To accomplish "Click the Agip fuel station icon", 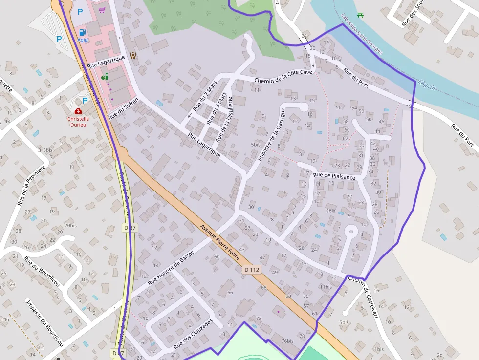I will tap(81, 33).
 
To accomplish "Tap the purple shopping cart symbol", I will tap(102, 9).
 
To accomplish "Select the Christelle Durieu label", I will tap(78, 121).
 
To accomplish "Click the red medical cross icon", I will tap(78, 111).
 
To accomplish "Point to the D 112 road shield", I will tap(252, 270).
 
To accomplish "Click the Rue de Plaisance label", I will tap(334, 176).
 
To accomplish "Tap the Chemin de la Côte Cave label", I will tap(283, 76).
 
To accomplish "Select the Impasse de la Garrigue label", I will tap(268, 134).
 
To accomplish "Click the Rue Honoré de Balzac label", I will tap(171, 268).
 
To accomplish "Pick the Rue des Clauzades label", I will tap(194, 334).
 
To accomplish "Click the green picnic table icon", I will tap(360, 15).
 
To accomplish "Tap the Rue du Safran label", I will tap(123, 109).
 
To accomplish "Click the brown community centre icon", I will tap(132, 55).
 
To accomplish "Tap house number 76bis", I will tap(287, 341).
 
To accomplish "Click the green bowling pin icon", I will tap(105, 76).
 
